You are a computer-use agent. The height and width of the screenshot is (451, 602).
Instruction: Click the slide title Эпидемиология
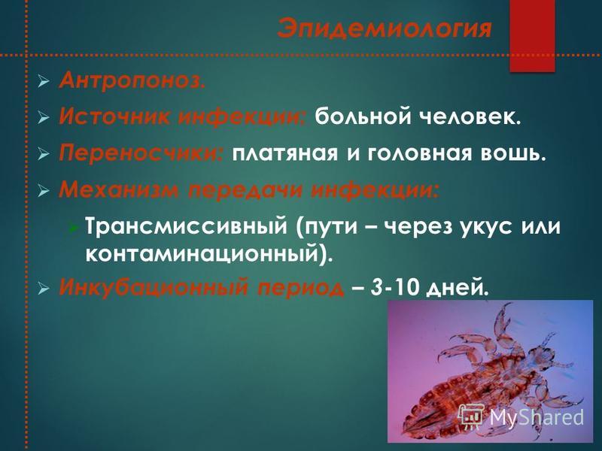(385, 29)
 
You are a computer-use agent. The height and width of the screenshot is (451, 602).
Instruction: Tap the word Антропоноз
(132, 80)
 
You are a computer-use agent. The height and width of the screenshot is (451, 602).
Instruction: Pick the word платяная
(285, 154)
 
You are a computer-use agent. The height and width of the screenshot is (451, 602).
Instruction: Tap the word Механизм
(120, 189)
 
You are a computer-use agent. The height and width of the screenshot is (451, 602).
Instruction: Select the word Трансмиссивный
(186, 226)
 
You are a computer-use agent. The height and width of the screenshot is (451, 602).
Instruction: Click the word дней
(458, 288)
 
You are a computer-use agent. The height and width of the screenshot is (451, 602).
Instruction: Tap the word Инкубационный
(154, 287)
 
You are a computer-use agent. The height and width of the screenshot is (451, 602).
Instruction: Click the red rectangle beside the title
(532, 35)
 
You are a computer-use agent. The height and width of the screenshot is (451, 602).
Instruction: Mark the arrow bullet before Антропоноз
(44, 82)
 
